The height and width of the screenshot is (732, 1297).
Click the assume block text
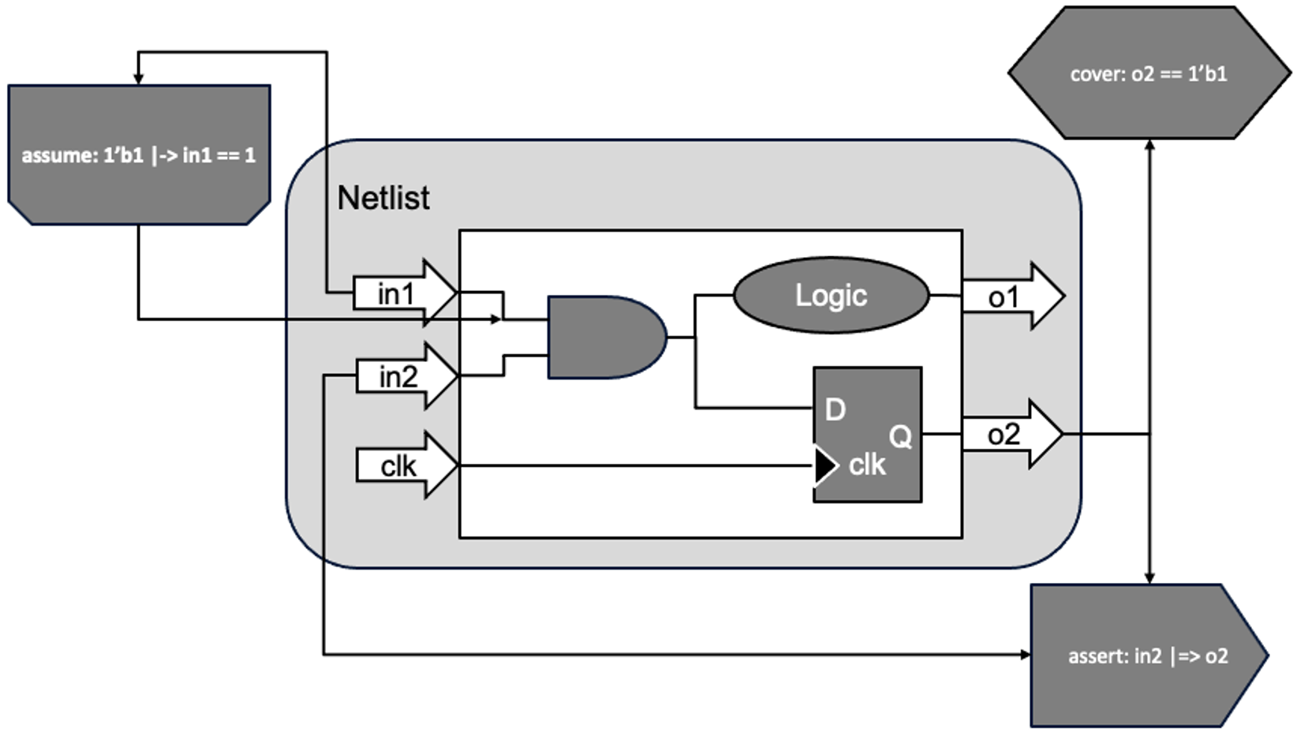139,155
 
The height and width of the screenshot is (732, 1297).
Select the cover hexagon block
1149,74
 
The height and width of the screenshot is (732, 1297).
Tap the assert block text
1148,656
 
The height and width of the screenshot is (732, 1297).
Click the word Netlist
383,198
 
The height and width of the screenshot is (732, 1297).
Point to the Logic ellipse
831,296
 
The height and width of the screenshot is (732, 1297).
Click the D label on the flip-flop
835,410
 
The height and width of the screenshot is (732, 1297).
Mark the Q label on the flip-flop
900,436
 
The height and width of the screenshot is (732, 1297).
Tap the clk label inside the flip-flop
867,465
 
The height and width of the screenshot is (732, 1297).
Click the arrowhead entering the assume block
138,80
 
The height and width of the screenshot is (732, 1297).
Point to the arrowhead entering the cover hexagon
1149,145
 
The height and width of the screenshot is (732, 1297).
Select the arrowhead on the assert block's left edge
1025,654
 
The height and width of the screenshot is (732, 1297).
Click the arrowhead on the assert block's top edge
1149,578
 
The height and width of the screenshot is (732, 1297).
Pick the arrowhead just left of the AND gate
496,319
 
